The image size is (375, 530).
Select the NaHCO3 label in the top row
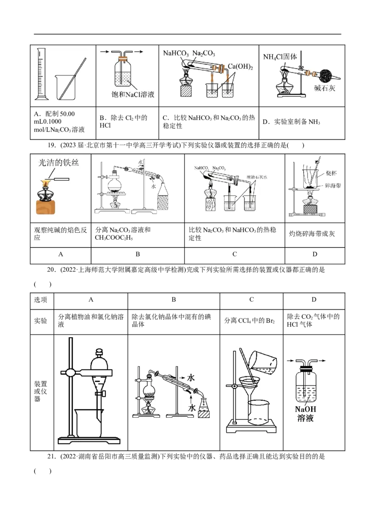click(x=175, y=54)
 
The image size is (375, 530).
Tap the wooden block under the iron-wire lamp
click(x=52, y=208)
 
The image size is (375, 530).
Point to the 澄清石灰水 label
click(x=257, y=177)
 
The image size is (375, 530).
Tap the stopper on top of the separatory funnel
click(x=99, y=350)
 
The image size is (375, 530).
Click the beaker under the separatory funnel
click(x=88, y=424)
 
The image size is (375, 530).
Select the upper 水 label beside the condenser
click(x=191, y=377)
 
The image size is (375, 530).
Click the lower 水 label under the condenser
click(x=191, y=408)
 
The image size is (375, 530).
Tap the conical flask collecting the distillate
click(x=204, y=405)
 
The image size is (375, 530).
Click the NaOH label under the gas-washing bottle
click(x=305, y=409)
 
